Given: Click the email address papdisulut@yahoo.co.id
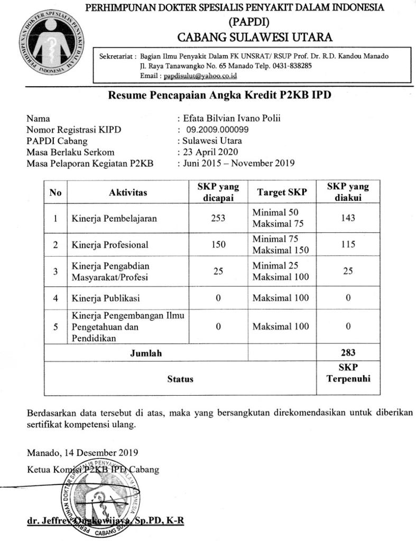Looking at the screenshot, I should pyautogui.click(x=200, y=76).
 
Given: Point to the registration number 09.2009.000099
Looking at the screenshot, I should pyautogui.click(x=217, y=129).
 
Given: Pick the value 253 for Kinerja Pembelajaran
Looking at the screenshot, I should pyautogui.click(x=218, y=218).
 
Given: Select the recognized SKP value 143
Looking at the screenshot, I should pyautogui.click(x=348, y=218).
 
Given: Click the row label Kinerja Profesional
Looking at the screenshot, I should pyautogui.click(x=110, y=245).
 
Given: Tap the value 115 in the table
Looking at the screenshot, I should pyautogui.click(x=348, y=245).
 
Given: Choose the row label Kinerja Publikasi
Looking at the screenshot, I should pyautogui.click(x=106, y=298).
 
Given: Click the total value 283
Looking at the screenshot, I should pyautogui.click(x=348, y=352).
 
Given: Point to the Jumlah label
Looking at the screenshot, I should pyautogui.click(x=146, y=353).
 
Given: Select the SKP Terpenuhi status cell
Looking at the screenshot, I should pyautogui.click(x=348, y=373).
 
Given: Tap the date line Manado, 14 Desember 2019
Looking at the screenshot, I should pyautogui.click(x=82, y=452).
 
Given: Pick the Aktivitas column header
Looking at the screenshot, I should pyautogui.click(x=128, y=192).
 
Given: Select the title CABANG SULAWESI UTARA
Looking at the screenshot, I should pyautogui.click(x=255, y=37).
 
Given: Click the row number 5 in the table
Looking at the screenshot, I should pyautogui.click(x=55, y=327).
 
